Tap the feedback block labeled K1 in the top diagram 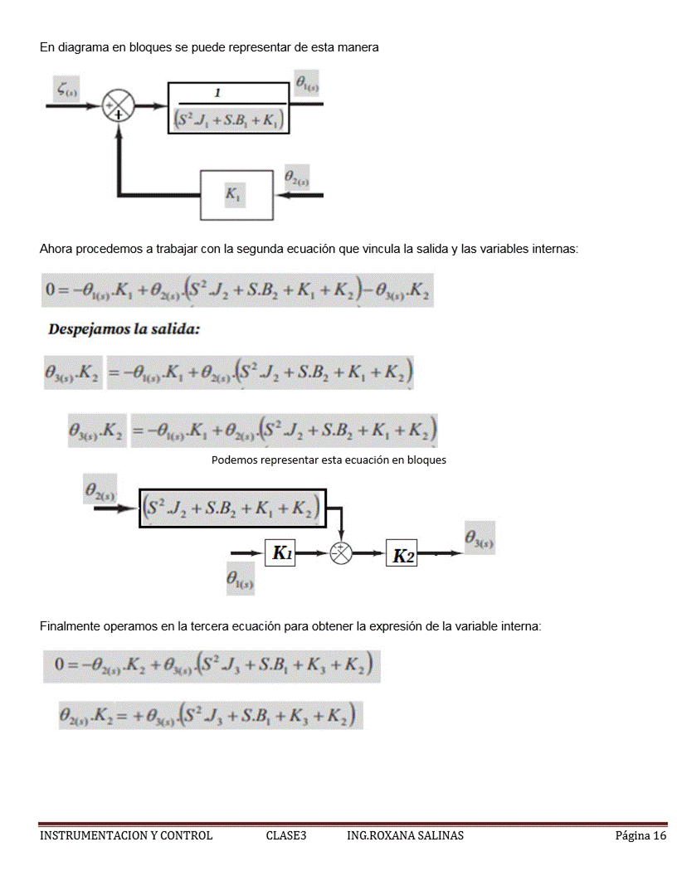pyautogui.click(x=236, y=195)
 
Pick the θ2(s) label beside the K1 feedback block pyautogui.click(x=296, y=177)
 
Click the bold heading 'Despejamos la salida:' pyautogui.click(x=124, y=329)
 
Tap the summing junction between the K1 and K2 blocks pyautogui.click(x=341, y=553)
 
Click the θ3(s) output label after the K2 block pyautogui.click(x=479, y=539)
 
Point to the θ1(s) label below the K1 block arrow pyautogui.click(x=241, y=580)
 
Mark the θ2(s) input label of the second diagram pyautogui.click(x=100, y=490)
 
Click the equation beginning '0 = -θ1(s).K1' pyautogui.click(x=237, y=290)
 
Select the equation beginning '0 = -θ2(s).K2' pyautogui.click(x=212, y=665)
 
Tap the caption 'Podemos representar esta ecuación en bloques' pyautogui.click(x=329, y=460)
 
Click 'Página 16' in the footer pyautogui.click(x=640, y=835)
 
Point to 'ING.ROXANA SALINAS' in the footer pyautogui.click(x=405, y=835)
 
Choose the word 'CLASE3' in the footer pyautogui.click(x=286, y=835)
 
